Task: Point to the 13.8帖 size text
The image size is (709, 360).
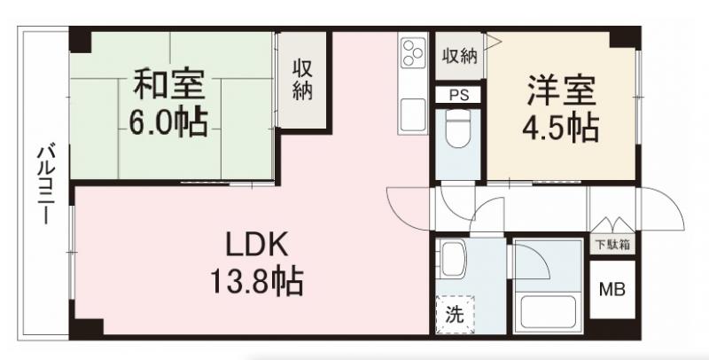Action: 255,283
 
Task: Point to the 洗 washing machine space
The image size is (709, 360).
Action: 454,313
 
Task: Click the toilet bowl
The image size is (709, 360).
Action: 457,129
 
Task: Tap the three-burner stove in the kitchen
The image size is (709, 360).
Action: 414,54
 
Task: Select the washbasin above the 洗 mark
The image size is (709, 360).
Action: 453,261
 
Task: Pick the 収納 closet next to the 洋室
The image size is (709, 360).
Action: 459,57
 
